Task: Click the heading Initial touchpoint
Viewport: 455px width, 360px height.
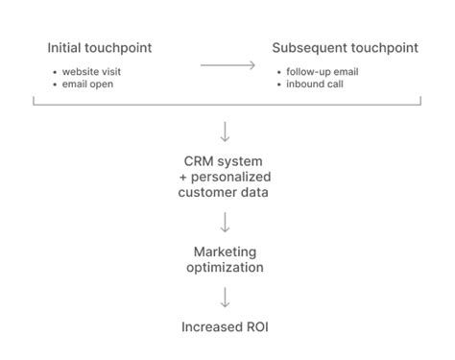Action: pyautogui.click(x=100, y=48)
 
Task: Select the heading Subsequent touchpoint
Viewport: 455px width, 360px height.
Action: pyautogui.click(x=345, y=48)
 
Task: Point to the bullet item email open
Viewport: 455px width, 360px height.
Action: pyautogui.click(x=89, y=84)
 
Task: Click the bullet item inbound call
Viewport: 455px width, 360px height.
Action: pyautogui.click(x=314, y=84)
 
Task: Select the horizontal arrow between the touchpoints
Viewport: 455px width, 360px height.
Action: pyautogui.click(x=227, y=65)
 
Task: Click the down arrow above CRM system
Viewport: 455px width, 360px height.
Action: pyautogui.click(x=226, y=132)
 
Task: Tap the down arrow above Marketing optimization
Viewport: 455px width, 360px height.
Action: pyautogui.click(x=226, y=223)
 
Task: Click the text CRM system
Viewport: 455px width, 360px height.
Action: pyautogui.click(x=225, y=160)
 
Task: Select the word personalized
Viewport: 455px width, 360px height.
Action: pyautogui.click(x=231, y=177)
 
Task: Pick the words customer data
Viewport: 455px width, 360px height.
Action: pyautogui.click(x=225, y=193)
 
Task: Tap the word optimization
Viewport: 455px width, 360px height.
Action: pyautogui.click(x=225, y=267)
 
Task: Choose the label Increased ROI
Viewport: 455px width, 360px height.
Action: pyautogui.click(x=225, y=327)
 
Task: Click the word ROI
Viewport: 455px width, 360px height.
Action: pyautogui.click(x=254, y=327)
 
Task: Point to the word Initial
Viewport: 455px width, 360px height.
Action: pyautogui.click(x=64, y=48)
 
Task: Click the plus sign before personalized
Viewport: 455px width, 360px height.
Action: pyautogui.click(x=183, y=178)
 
